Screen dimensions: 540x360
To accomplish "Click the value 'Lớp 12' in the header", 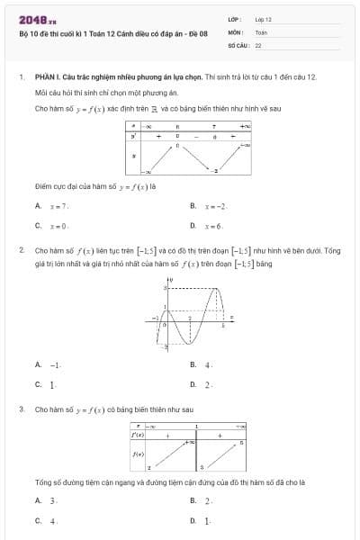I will (x=264, y=18).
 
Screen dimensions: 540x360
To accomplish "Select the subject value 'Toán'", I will (x=261, y=31).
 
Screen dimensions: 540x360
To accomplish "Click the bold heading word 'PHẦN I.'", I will (x=46, y=78).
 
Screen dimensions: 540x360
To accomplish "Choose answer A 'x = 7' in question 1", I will (x=51, y=206).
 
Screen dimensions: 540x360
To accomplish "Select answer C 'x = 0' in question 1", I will (x=51, y=226).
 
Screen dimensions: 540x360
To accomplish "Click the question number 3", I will (x=21, y=409).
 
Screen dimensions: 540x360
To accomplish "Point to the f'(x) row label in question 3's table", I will (x=139, y=435).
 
